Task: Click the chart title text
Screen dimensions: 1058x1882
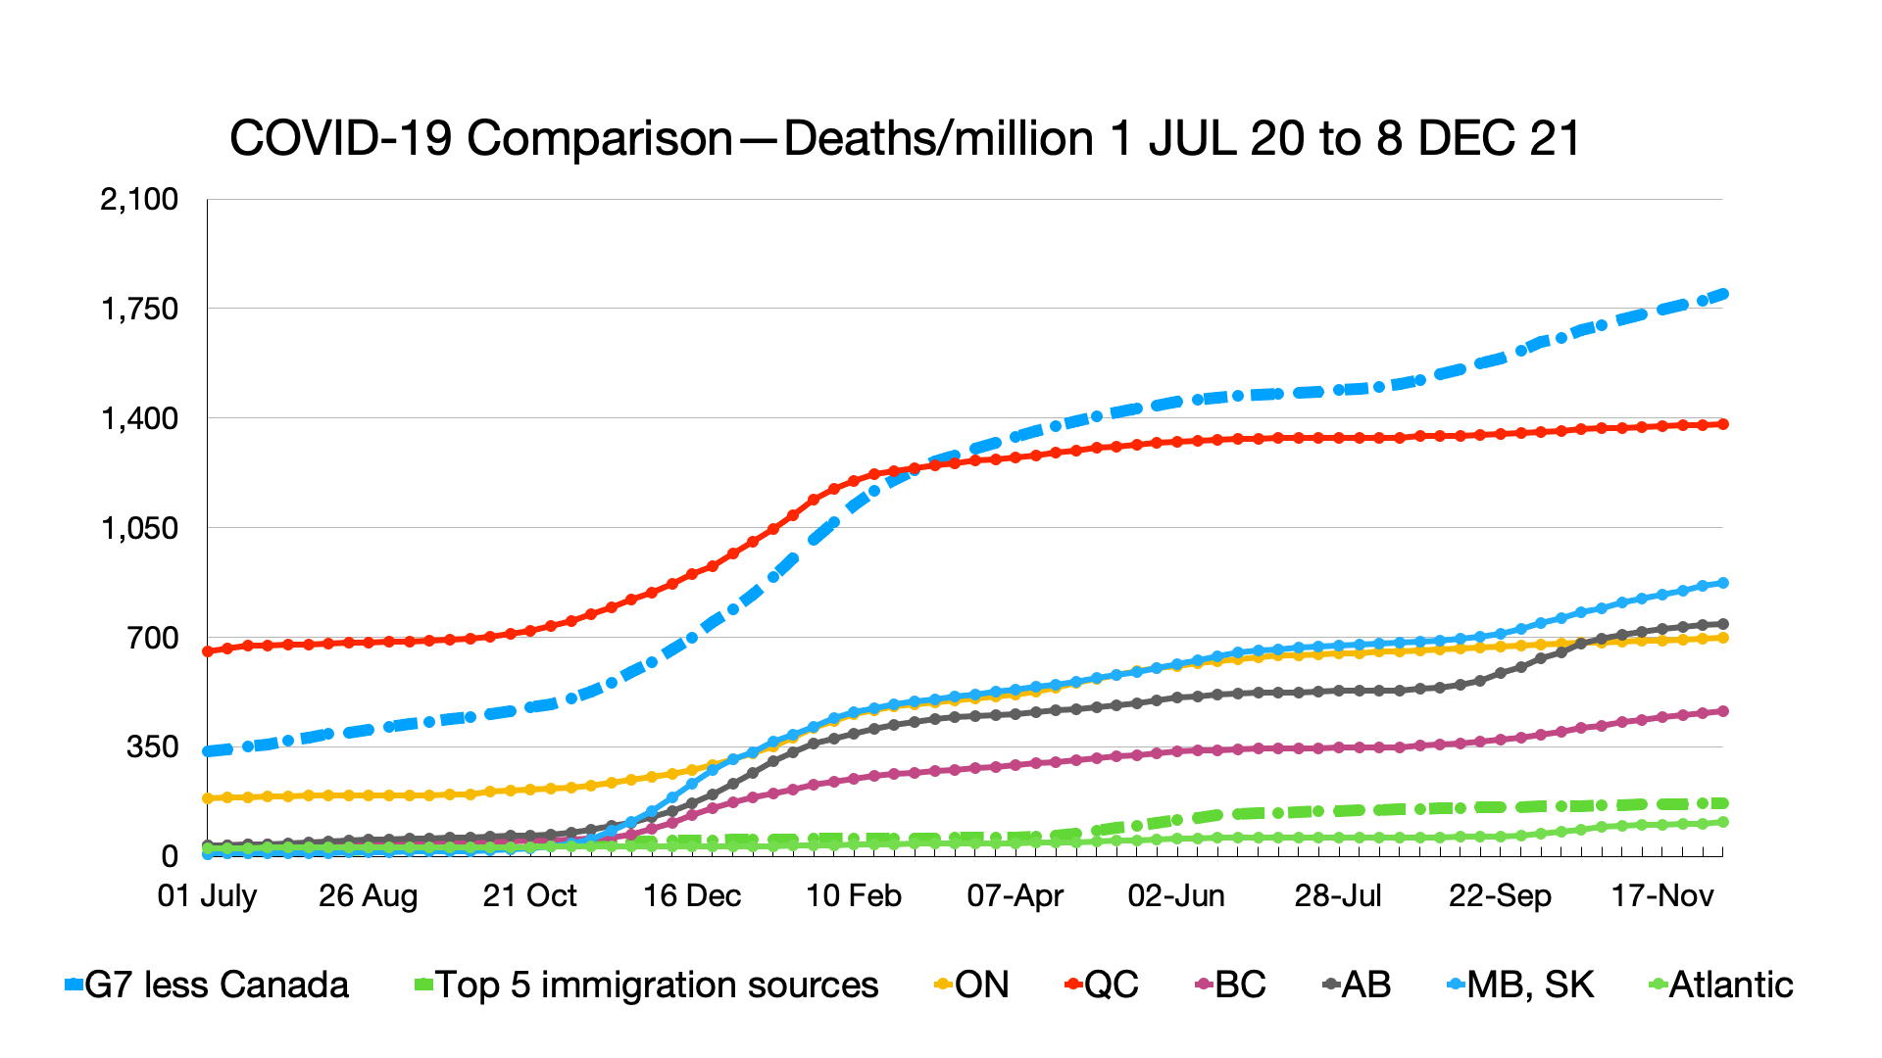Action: click(x=905, y=138)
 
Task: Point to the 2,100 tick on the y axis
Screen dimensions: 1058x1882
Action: click(x=139, y=200)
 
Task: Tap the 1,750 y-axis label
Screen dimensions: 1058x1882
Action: click(x=139, y=310)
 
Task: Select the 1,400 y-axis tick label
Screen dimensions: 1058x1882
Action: click(x=139, y=419)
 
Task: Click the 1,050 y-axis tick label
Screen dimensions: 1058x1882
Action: click(x=139, y=529)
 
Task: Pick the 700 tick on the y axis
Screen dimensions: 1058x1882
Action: click(x=153, y=639)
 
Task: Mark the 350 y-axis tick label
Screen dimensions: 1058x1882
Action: click(x=153, y=747)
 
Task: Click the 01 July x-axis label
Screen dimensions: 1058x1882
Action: click(x=207, y=895)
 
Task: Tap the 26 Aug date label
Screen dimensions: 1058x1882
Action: click(x=368, y=895)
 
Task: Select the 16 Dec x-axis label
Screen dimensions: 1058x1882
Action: click(x=691, y=895)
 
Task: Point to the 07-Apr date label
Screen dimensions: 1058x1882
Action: click(x=1015, y=895)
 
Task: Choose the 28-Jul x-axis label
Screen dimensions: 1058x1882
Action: click(x=1338, y=895)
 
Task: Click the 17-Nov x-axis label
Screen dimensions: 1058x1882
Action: click(x=1662, y=895)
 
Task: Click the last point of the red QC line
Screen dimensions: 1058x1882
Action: click(x=1722, y=424)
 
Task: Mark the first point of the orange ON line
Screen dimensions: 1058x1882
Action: click(x=208, y=798)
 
